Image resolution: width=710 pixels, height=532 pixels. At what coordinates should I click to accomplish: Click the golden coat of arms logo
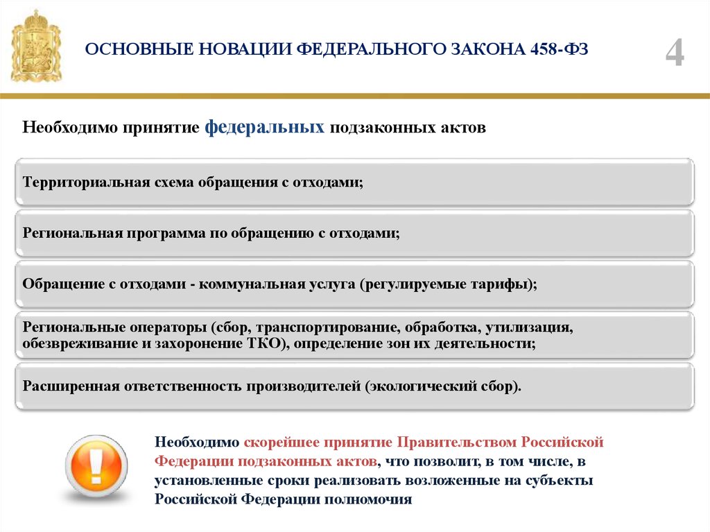pyautogui.click(x=36, y=46)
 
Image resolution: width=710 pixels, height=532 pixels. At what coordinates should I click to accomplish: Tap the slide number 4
pyautogui.click(x=674, y=53)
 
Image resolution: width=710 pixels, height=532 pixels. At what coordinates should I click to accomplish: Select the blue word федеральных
pyautogui.click(x=264, y=128)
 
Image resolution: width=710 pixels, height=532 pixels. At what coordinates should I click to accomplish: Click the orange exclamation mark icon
pyautogui.click(x=96, y=467)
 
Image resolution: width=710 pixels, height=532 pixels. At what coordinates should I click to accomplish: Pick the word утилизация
pyautogui.click(x=529, y=327)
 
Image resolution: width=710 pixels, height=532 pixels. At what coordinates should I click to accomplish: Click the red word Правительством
pyautogui.click(x=457, y=442)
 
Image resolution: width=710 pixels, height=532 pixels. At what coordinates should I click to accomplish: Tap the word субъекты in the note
pyautogui.click(x=559, y=481)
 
